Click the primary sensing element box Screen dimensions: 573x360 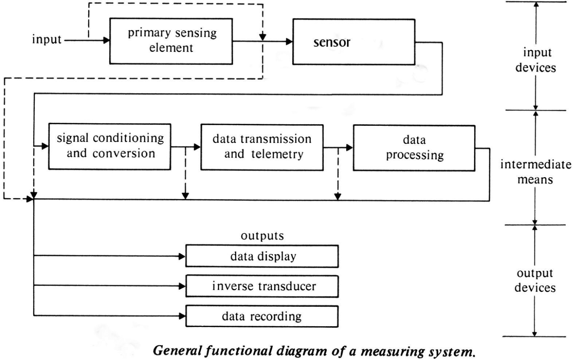(171, 41)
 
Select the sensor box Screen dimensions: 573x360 (354, 42)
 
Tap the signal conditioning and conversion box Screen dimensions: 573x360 (110, 147)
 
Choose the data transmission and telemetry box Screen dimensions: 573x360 (262, 147)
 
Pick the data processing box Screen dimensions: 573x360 (414, 148)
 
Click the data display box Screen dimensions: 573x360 (262, 257)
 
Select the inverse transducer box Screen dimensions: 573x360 (262, 286)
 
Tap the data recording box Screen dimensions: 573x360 (262, 316)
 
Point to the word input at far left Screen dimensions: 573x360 (46, 40)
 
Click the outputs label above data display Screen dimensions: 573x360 (262, 236)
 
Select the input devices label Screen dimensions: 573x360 (536, 60)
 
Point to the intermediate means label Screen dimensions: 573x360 (536, 172)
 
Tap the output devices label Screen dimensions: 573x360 (535, 281)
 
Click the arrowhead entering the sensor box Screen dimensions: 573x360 (289, 42)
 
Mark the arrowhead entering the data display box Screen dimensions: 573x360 (182, 256)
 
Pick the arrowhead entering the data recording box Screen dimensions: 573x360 (182, 316)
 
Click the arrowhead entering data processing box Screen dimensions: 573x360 (349, 147)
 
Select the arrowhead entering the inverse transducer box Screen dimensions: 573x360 (182, 286)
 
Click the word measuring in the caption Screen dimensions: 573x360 (393, 352)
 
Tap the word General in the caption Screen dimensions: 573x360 (178, 351)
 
